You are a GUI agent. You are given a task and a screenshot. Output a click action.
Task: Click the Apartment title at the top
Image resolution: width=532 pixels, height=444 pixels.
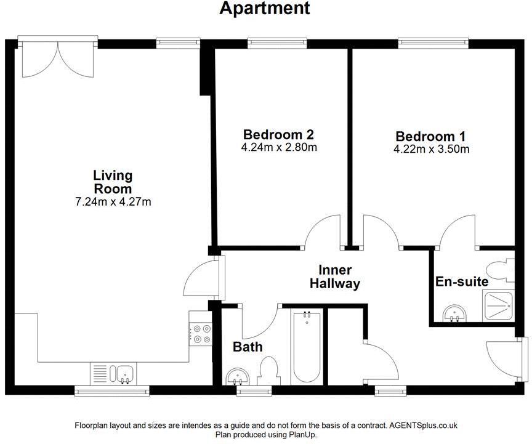[x=265, y=9]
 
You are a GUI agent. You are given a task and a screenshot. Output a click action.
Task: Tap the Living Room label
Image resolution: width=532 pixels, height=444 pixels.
[x=113, y=182]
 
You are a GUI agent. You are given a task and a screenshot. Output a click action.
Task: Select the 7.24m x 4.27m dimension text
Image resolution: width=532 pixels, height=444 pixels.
[x=113, y=201]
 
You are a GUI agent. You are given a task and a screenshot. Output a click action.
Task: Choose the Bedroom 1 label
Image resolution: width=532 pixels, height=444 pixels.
[x=431, y=136]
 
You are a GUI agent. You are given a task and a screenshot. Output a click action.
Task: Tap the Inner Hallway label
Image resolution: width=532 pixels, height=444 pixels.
[x=334, y=277]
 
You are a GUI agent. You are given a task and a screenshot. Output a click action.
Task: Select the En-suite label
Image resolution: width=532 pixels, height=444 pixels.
[x=462, y=282]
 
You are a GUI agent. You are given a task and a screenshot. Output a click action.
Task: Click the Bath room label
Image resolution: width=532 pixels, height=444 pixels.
[x=248, y=347]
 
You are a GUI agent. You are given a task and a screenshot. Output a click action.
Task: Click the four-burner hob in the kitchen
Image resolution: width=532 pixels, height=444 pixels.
[x=201, y=333]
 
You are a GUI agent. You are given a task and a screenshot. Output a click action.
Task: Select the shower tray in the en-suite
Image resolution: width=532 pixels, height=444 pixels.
[x=499, y=305]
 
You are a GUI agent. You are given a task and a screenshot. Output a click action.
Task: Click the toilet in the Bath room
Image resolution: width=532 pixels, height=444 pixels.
[x=268, y=372]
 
